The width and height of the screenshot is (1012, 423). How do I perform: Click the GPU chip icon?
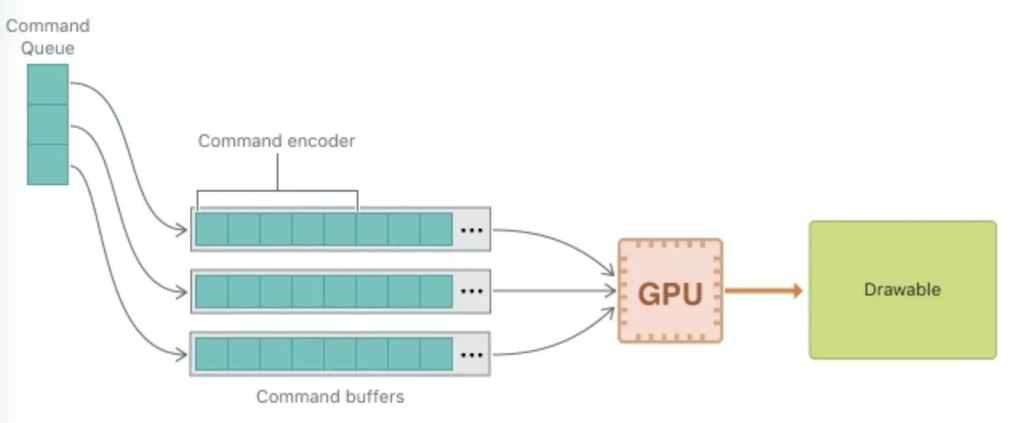point(670,291)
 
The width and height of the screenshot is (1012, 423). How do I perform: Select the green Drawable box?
point(902,290)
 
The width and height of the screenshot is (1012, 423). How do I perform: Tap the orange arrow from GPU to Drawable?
point(763,291)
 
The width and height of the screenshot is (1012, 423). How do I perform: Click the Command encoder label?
point(277,141)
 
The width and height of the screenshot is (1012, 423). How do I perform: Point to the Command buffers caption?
point(330,397)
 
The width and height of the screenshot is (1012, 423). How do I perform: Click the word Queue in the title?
point(47,48)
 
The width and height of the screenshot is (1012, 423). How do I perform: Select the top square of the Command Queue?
point(47,84)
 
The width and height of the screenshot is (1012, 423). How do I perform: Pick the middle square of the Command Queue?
point(47,125)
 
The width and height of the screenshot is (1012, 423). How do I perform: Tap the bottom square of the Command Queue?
point(47,164)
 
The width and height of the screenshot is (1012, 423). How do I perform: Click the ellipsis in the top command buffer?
point(472,230)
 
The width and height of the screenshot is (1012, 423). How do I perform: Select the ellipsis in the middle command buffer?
point(472,292)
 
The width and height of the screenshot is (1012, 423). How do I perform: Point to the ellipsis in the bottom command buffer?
point(472,354)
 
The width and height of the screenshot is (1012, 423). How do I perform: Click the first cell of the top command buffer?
point(211,230)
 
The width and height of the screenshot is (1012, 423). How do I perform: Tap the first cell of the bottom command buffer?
point(211,354)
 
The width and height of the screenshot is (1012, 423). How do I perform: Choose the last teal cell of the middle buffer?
point(436,292)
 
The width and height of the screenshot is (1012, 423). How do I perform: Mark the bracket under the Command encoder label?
point(277,193)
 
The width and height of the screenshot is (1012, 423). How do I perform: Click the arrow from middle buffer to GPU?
point(553,292)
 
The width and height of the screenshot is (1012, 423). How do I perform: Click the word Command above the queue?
point(48,26)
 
